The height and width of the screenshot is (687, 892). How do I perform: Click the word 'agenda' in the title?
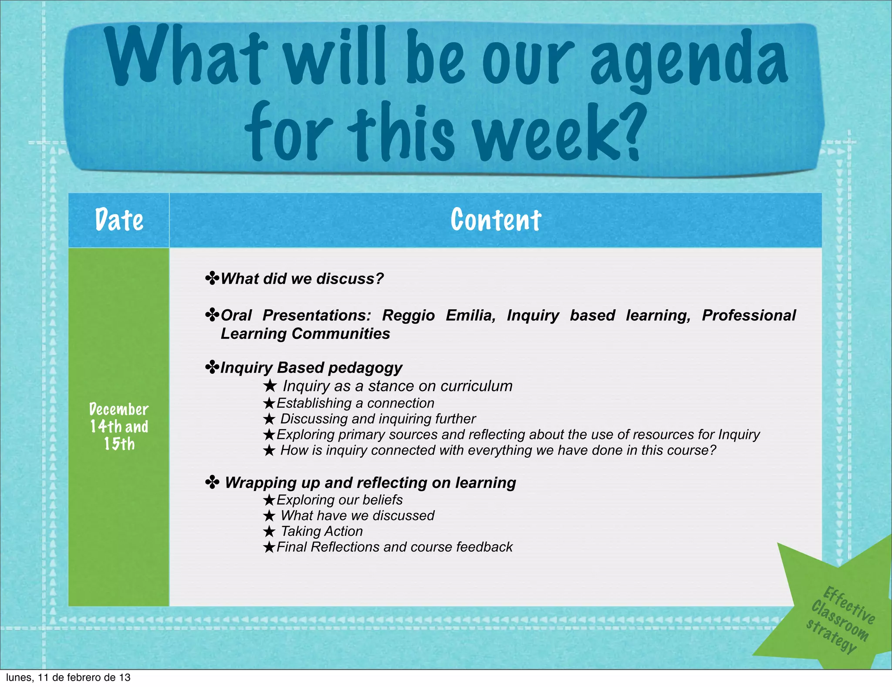(688, 59)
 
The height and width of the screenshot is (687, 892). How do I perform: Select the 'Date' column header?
(119, 220)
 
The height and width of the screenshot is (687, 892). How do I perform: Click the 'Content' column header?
(496, 220)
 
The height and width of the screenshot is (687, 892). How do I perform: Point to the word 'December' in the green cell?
(119, 409)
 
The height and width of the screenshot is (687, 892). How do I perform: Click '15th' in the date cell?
(119, 444)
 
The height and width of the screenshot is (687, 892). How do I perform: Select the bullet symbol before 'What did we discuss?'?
(212, 278)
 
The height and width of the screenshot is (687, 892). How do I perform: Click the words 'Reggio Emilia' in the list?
(439, 315)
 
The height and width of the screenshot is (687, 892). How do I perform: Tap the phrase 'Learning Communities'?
(305, 333)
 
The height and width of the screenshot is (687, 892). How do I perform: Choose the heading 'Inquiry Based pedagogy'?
(311, 367)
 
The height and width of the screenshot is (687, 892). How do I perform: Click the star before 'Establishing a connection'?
(269, 403)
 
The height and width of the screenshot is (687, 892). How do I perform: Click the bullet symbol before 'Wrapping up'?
(212, 483)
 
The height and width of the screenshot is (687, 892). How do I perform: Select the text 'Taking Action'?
(321, 531)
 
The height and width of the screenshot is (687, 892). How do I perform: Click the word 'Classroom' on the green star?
(839, 621)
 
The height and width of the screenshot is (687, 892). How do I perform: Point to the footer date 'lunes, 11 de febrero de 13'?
(68, 677)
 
